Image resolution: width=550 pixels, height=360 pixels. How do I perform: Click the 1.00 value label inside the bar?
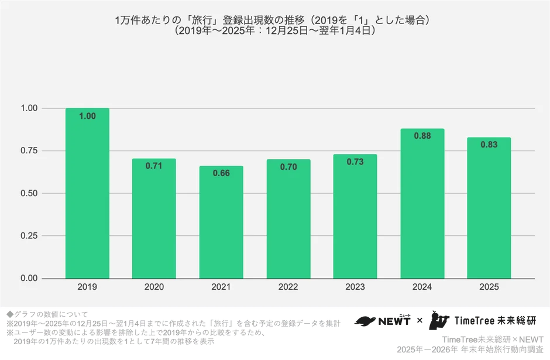87,116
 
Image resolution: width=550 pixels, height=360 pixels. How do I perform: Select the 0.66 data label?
221,174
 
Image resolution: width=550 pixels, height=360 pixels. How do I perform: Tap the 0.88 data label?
422,136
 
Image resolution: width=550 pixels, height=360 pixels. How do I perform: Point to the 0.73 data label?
355,162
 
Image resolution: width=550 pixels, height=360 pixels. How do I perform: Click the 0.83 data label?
489,145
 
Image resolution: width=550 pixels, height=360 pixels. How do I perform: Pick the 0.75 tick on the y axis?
29,151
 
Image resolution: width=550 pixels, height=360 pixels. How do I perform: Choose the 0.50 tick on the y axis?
29,193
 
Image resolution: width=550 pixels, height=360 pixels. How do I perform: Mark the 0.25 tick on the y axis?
29,236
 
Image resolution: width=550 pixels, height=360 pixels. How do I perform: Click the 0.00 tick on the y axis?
29,279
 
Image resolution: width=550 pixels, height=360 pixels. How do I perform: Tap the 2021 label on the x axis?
221,287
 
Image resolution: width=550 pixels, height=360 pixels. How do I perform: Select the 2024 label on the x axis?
422,287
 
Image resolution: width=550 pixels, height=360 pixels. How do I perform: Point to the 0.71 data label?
154,166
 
